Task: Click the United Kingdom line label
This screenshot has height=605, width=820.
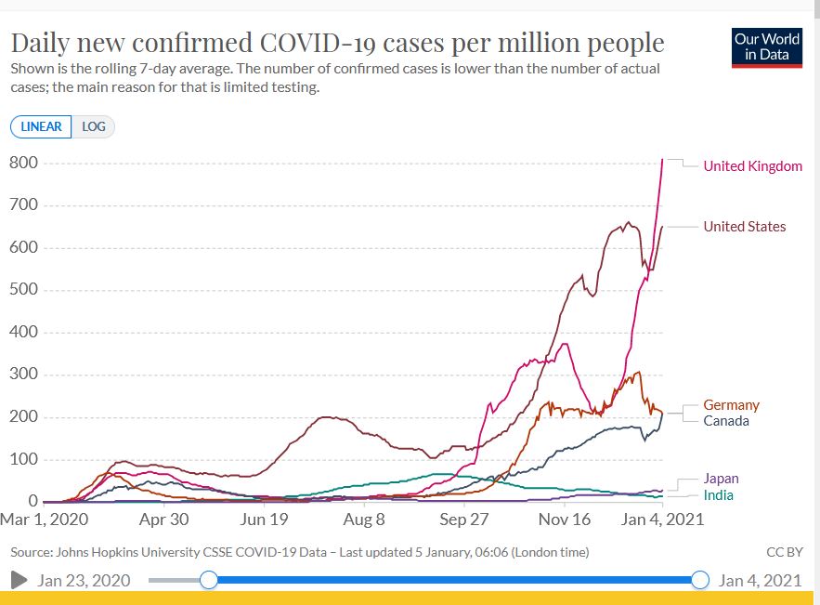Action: click(752, 166)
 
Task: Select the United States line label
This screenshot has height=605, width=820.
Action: click(744, 227)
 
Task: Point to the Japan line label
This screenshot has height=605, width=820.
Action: click(721, 479)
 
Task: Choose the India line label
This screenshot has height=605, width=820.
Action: click(719, 495)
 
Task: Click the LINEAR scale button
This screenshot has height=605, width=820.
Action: click(41, 127)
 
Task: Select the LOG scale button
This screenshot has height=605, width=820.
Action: click(94, 127)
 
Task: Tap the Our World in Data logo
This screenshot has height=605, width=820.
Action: click(767, 47)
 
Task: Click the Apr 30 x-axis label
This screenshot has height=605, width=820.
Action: click(163, 520)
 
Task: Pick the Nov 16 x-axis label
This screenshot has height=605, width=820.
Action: click(565, 520)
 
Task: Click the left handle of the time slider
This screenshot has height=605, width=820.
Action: click(209, 580)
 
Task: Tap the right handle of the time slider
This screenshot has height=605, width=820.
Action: click(700, 580)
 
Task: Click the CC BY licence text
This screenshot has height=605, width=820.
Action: click(784, 552)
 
